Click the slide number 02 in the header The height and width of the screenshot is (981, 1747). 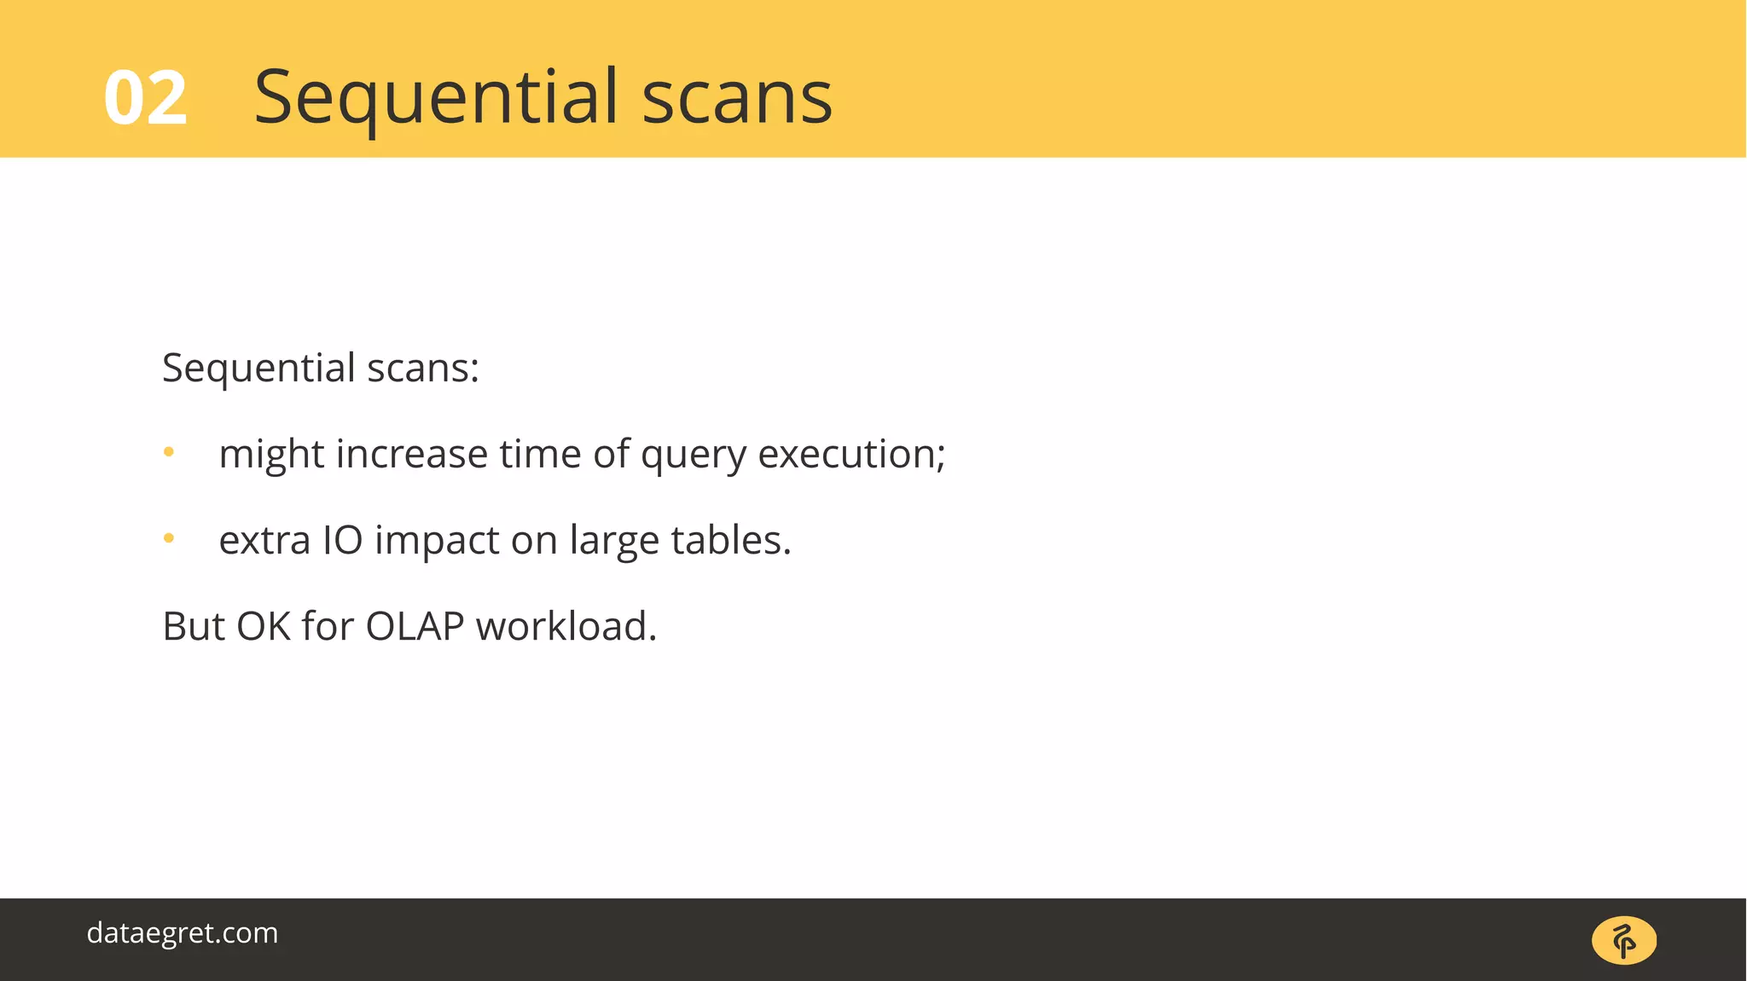pyautogui.click(x=145, y=98)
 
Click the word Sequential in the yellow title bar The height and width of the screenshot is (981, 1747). pyautogui.click(x=436, y=98)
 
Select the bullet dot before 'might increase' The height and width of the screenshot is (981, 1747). pyautogui.click(x=169, y=452)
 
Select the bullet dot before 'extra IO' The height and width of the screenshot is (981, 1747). pyautogui.click(x=169, y=538)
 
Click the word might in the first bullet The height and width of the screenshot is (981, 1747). pyautogui.click(x=271, y=455)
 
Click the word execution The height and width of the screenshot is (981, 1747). pyautogui.click(x=850, y=454)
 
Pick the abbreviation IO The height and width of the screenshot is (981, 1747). pyautogui.click(x=342, y=540)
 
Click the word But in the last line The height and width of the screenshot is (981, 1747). pyautogui.click(x=193, y=626)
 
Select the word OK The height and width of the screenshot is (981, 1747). pyautogui.click(x=263, y=626)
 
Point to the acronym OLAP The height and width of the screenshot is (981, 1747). pyautogui.click(x=415, y=626)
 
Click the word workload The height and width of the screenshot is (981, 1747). pyautogui.click(x=566, y=626)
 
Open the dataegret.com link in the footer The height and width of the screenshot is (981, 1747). pyautogui.click(x=183, y=933)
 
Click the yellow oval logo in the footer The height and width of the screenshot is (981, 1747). pyautogui.click(x=1623, y=941)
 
